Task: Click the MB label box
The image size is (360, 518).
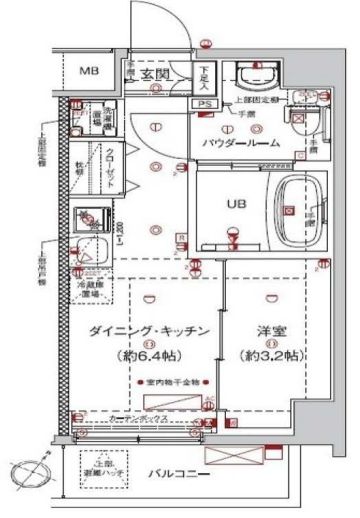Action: (89, 71)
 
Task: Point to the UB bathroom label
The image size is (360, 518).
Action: (235, 204)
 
